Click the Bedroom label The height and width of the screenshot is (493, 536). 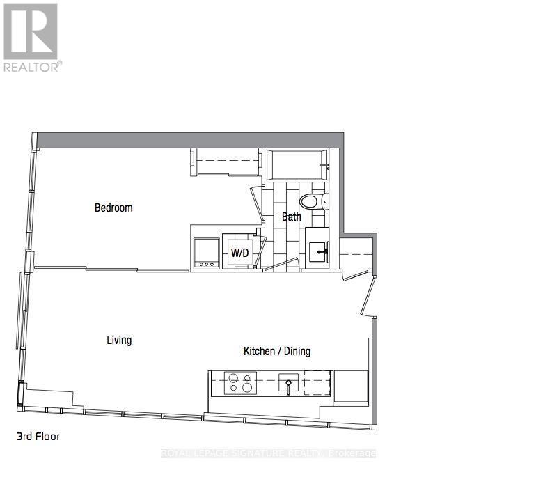[x=113, y=208]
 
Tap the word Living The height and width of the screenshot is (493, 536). [x=119, y=340]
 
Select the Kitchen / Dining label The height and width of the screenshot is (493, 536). [x=276, y=351]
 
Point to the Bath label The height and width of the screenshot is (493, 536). [x=291, y=217]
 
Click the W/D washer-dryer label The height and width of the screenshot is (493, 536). [x=239, y=253]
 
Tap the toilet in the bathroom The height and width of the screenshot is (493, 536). [x=313, y=202]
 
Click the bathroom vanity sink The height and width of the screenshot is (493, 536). [x=319, y=248]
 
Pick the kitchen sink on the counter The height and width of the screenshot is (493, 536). [x=288, y=383]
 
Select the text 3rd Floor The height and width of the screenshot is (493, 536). [x=38, y=437]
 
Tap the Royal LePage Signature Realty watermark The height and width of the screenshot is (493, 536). [x=269, y=453]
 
